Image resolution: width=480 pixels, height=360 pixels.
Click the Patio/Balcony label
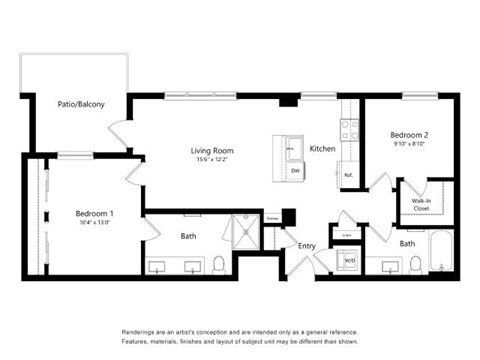pyautogui.click(x=81, y=104)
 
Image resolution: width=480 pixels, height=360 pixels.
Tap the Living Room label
pyautogui.click(x=212, y=150)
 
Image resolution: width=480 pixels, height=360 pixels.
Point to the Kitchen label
pyautogui.click(x=322, y=148)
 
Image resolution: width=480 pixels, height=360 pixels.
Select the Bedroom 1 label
pyautogui.click(x=95, y=213)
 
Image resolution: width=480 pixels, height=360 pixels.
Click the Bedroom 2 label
pyautogui.click(x=410, y=134)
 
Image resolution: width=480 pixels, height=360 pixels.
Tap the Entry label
pyautogui.click(x=306, y=245)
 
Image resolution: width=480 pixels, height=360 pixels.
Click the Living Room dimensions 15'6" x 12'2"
pyautogui.click(x=212, y=160)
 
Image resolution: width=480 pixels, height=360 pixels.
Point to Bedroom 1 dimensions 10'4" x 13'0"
pyautogui.click(x=95, y=223)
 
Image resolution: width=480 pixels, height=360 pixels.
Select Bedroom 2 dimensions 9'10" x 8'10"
pyautogui.click(x=410, y=144)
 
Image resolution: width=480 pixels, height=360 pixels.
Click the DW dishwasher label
pyautogui.click(x=295, y=171)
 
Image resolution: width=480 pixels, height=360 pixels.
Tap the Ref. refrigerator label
pyautogui.click(x=348, y=175)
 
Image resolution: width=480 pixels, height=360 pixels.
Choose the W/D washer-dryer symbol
pyautogui.click(x=349, y=261)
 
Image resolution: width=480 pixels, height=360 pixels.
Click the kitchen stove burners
pyautogui.click(x=350, y=129)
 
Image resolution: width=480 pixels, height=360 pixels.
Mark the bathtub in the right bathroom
pyautogui.click(x=442, y=252)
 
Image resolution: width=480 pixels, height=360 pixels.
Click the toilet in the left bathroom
pyautogui.click(x=219, y=265)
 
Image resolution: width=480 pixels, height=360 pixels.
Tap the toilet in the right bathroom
pyautogui.click(x=415, y=264)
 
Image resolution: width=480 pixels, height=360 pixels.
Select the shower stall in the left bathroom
pyautogui.click(x=245, y=232)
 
